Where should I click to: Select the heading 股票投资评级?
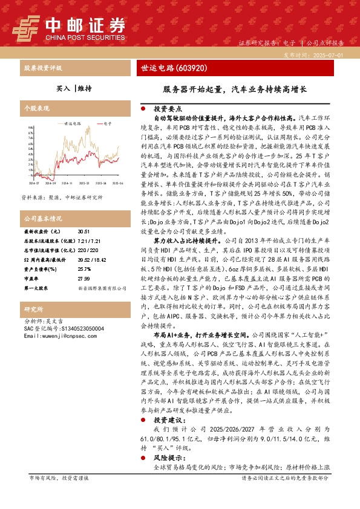click(42, 68)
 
